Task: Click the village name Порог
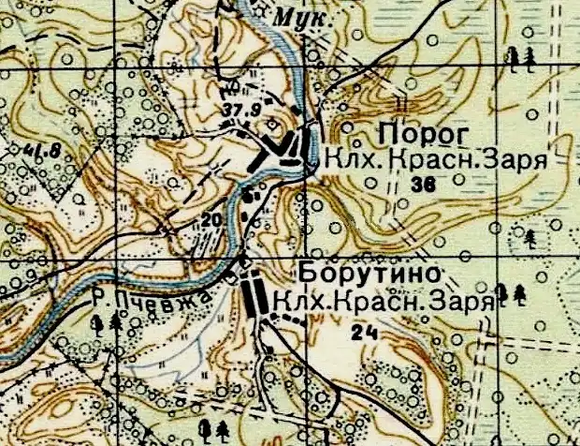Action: [417, 131]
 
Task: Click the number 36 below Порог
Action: [423, 186]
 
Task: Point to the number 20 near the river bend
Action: [212, 219]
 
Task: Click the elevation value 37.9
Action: [239, 111]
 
